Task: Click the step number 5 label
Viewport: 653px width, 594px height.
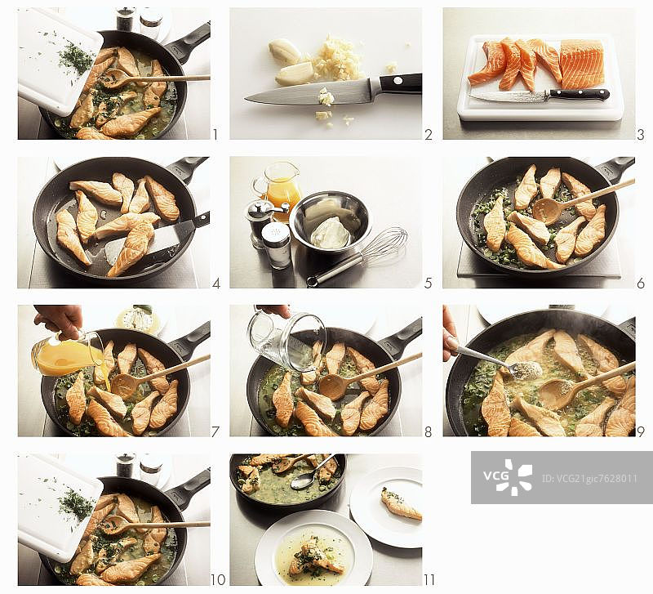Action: tap(428, 283)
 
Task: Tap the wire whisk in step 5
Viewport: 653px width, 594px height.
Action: tap(358, 258)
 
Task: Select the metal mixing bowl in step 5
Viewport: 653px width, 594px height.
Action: tap(331, 220)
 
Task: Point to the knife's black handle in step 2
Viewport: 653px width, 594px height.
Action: tap(400, 84)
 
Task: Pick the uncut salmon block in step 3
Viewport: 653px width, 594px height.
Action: tap(581, 65)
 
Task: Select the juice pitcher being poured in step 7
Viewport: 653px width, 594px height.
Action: tap(67, 353)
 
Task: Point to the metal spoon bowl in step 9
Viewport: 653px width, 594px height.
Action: tap(526, 370)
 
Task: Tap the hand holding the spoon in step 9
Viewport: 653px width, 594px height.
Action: tap(450, 333)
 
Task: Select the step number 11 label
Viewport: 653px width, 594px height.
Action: tap(429, 579)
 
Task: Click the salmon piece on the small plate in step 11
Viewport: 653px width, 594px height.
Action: tap(401, 503)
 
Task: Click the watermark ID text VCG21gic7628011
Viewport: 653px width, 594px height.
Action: tap(589, 478)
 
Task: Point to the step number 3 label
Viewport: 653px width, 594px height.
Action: tap(641, 134)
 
